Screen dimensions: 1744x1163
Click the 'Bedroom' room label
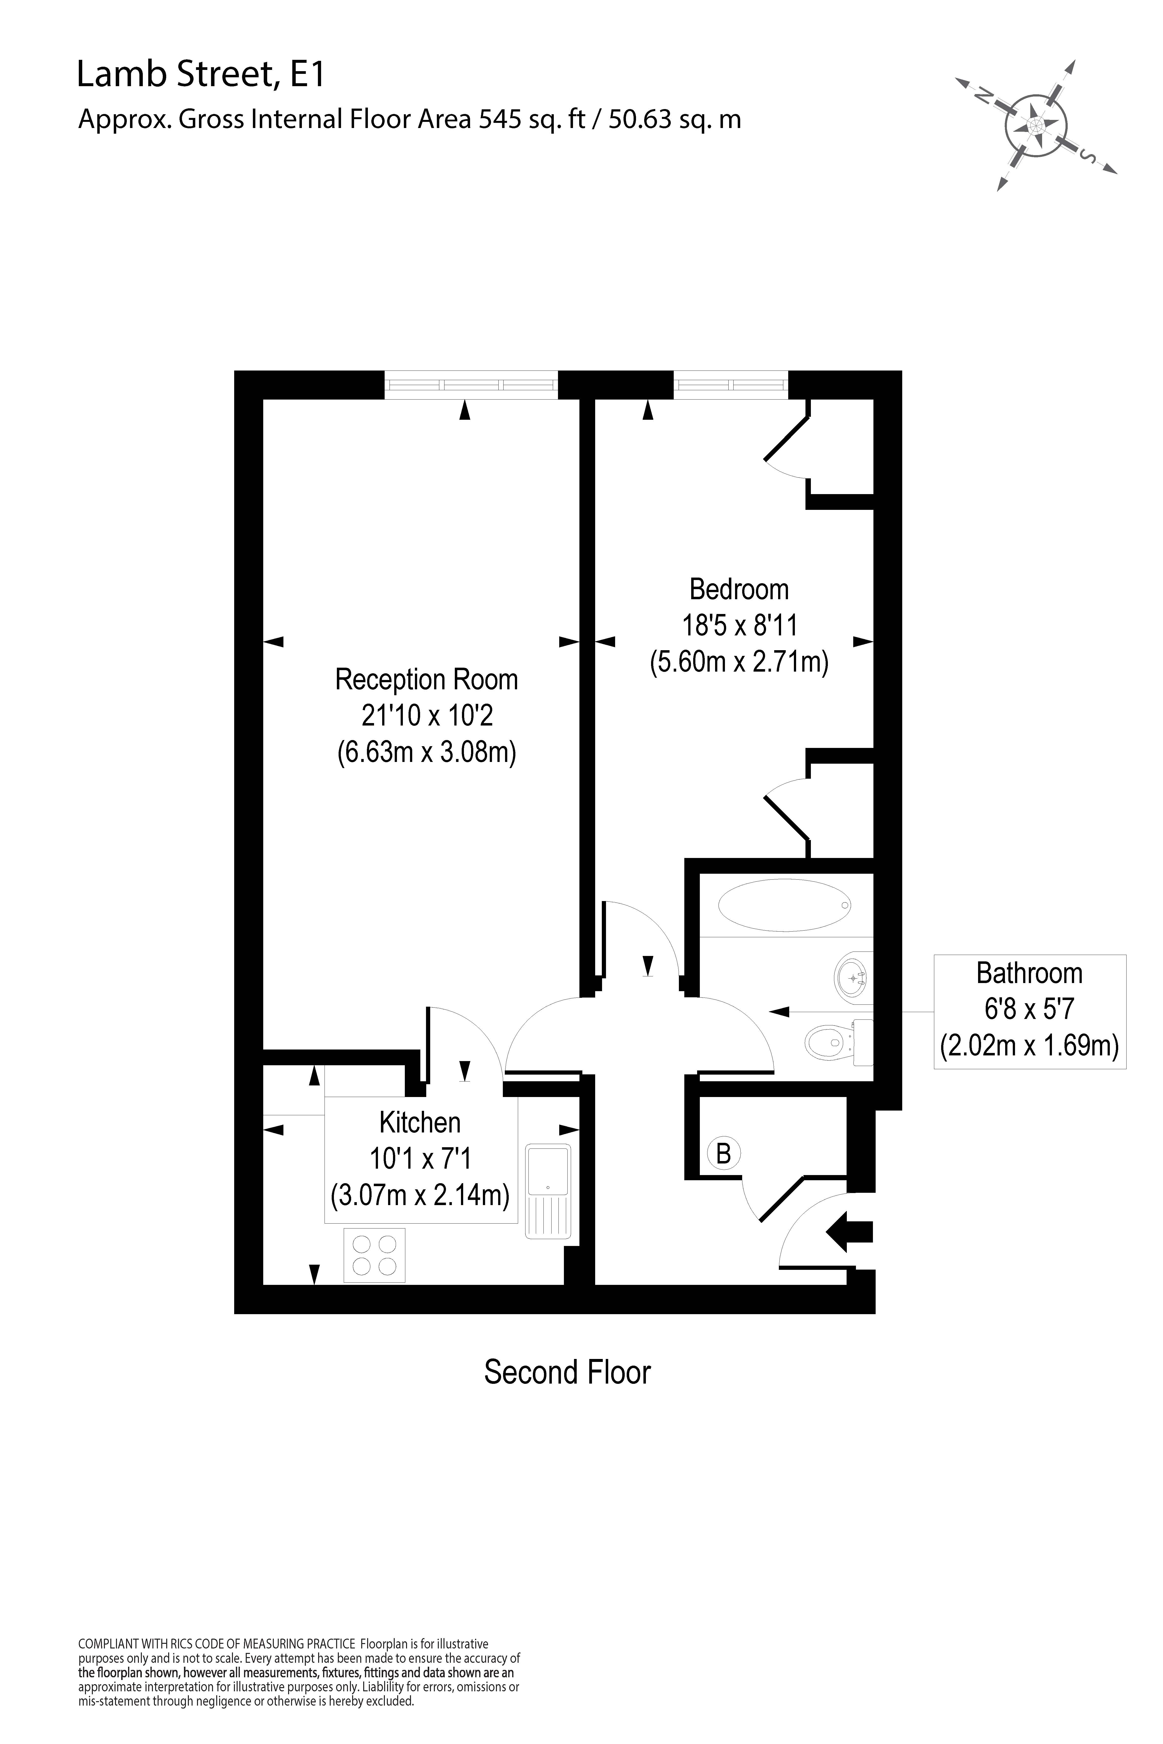point(739,589)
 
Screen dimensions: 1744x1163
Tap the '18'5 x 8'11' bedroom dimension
point(739,625)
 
